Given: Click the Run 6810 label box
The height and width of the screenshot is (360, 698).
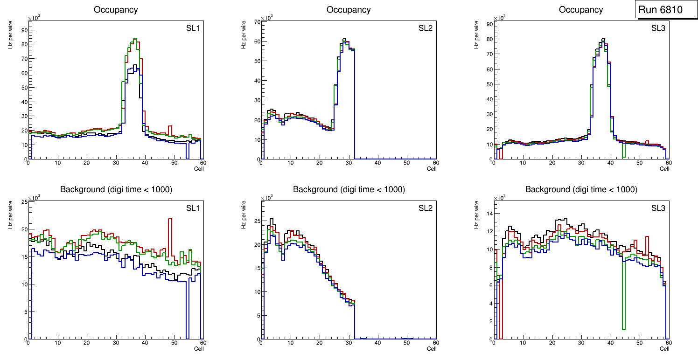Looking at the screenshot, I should pos(663,9).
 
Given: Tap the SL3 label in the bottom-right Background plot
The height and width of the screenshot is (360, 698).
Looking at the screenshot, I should pos(658,208).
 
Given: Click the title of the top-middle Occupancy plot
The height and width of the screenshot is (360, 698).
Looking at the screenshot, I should pos(349,9).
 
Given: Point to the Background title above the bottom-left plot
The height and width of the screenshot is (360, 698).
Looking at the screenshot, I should pos(116,189).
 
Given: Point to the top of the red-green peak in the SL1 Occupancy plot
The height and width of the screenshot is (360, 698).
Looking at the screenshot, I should pos(134,39).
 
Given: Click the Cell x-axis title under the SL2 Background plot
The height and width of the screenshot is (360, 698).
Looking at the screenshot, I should pos(432,348).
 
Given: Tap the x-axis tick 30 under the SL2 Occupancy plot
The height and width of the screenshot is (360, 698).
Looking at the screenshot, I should pos(349,163).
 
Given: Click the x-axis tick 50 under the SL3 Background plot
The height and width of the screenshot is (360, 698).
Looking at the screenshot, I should pos(639,343).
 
